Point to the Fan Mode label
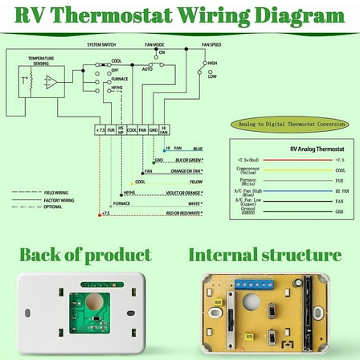[160, 46]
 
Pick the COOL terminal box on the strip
[132, 128]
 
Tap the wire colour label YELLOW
[195, 182]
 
